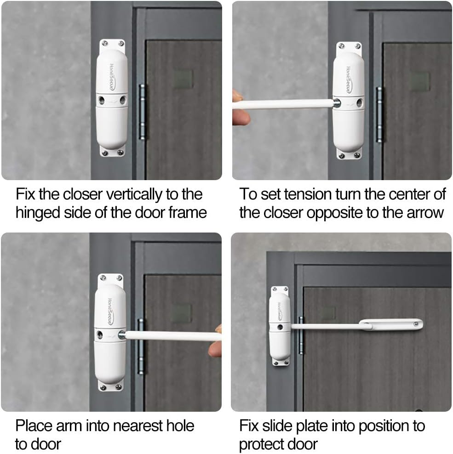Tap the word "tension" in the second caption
pyautogui.click(x=310, y=194)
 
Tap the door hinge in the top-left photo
pyautogui.click(x=142, y=112)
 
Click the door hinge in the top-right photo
pyautogui.click(x=379, y=114)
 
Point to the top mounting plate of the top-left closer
pyautogui.click(x=112, y=45)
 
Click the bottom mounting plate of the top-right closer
pyautogui.click(x=348, y=154)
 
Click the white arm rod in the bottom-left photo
pyautogui.click(x=170, y=336)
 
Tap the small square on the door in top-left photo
pyautogui.click(x=183, y=79)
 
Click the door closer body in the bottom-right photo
pyautogui.click(x=280, y=327)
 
